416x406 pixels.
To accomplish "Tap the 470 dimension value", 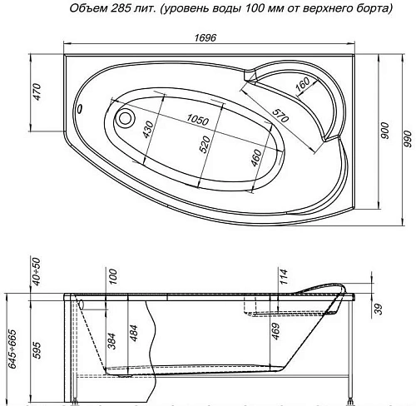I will (37, 92).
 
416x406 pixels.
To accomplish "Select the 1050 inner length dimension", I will (197, 120).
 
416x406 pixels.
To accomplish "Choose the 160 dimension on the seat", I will (302, 86).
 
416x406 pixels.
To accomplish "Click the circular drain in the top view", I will (126, 117).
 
